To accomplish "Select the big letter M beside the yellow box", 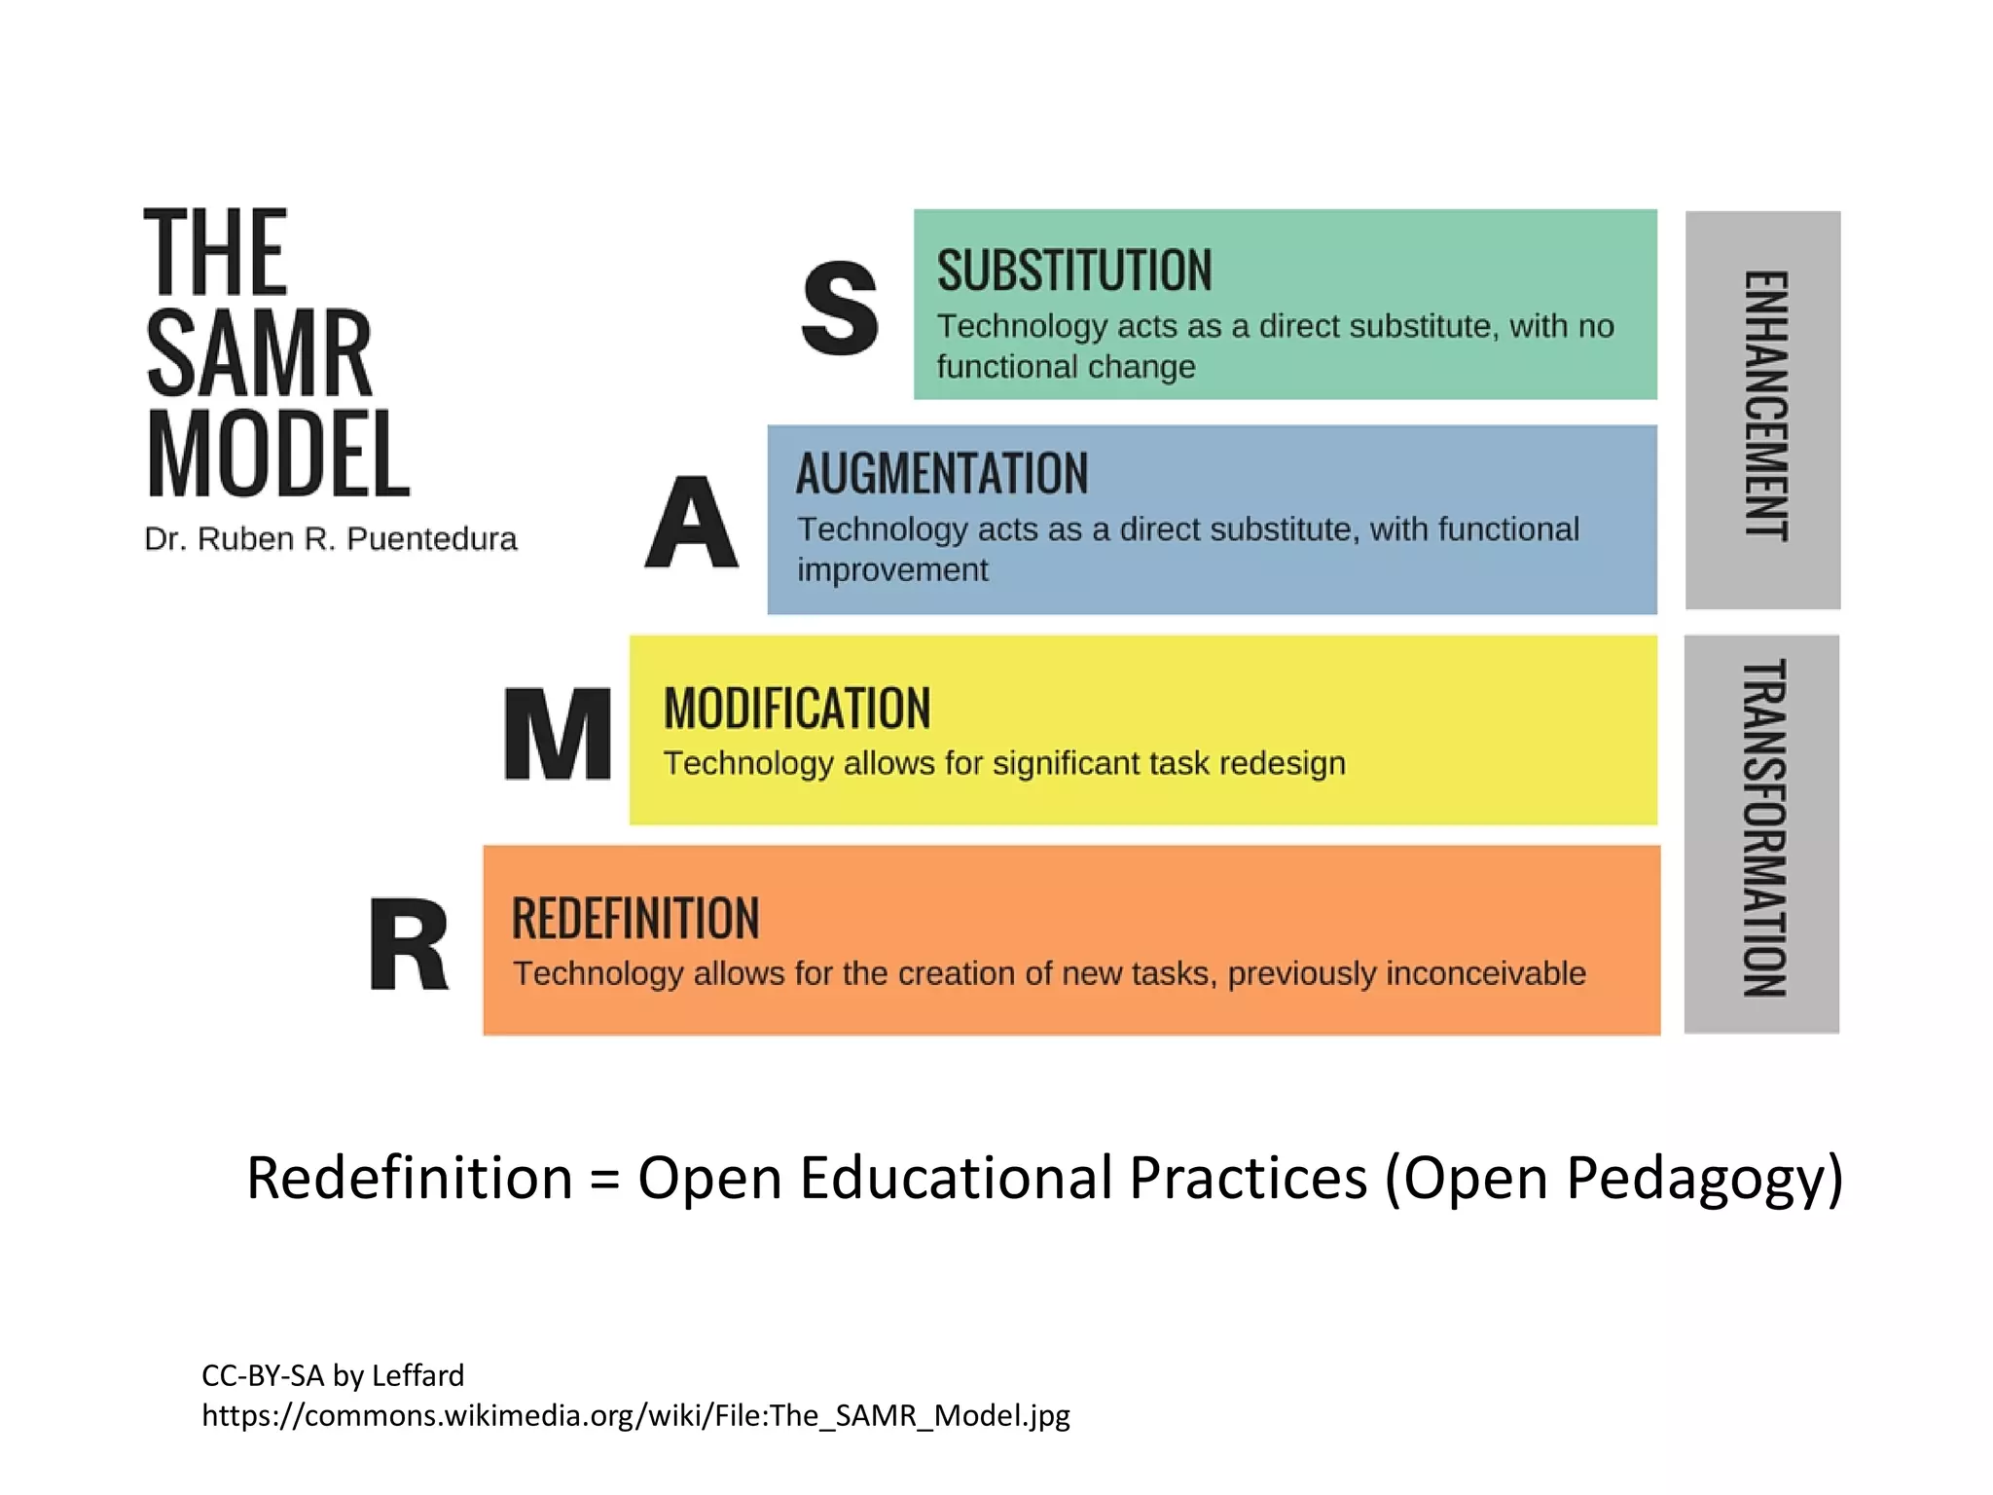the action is pos(559,734).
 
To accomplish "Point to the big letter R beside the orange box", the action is pos(410,944).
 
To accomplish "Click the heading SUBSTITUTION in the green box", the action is pos(1074,271).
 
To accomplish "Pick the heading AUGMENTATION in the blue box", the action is pos(942,474).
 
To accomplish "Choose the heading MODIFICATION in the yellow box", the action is pos(797,708).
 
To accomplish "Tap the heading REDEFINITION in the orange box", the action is pos(635,919).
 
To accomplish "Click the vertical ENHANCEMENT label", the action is pos(1764,406).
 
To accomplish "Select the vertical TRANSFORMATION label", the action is pos(1763,828).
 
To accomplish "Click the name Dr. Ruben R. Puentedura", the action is pos(331,539).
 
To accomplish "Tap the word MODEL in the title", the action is pos(278,455).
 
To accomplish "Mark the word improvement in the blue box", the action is pos(892,570).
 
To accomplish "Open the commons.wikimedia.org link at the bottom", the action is pos(635,1415).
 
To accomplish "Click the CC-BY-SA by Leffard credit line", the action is pos(333,1375).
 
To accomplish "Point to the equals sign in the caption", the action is pos(604,1180).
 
